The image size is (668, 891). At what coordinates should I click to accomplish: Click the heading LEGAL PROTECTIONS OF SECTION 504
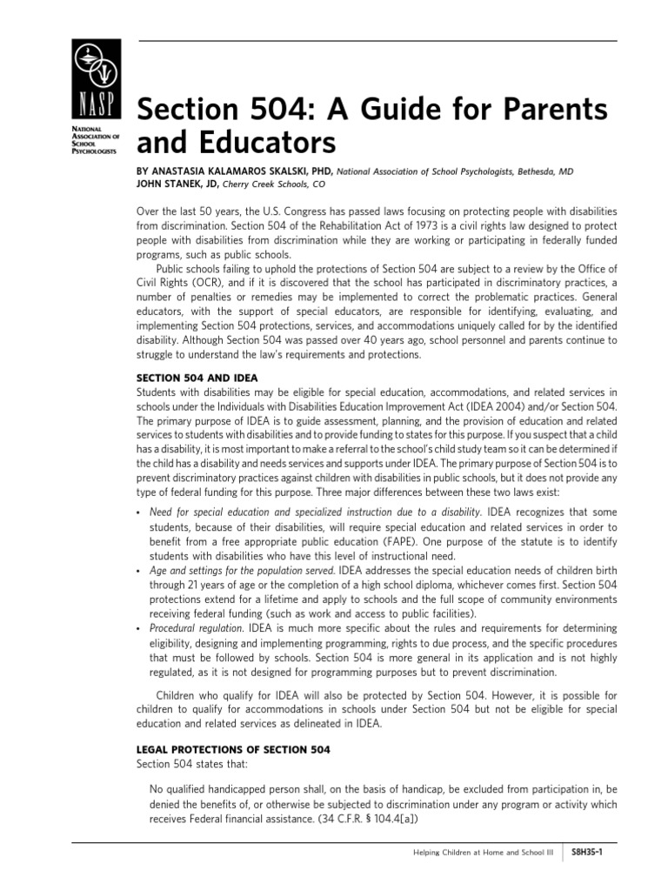233,748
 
